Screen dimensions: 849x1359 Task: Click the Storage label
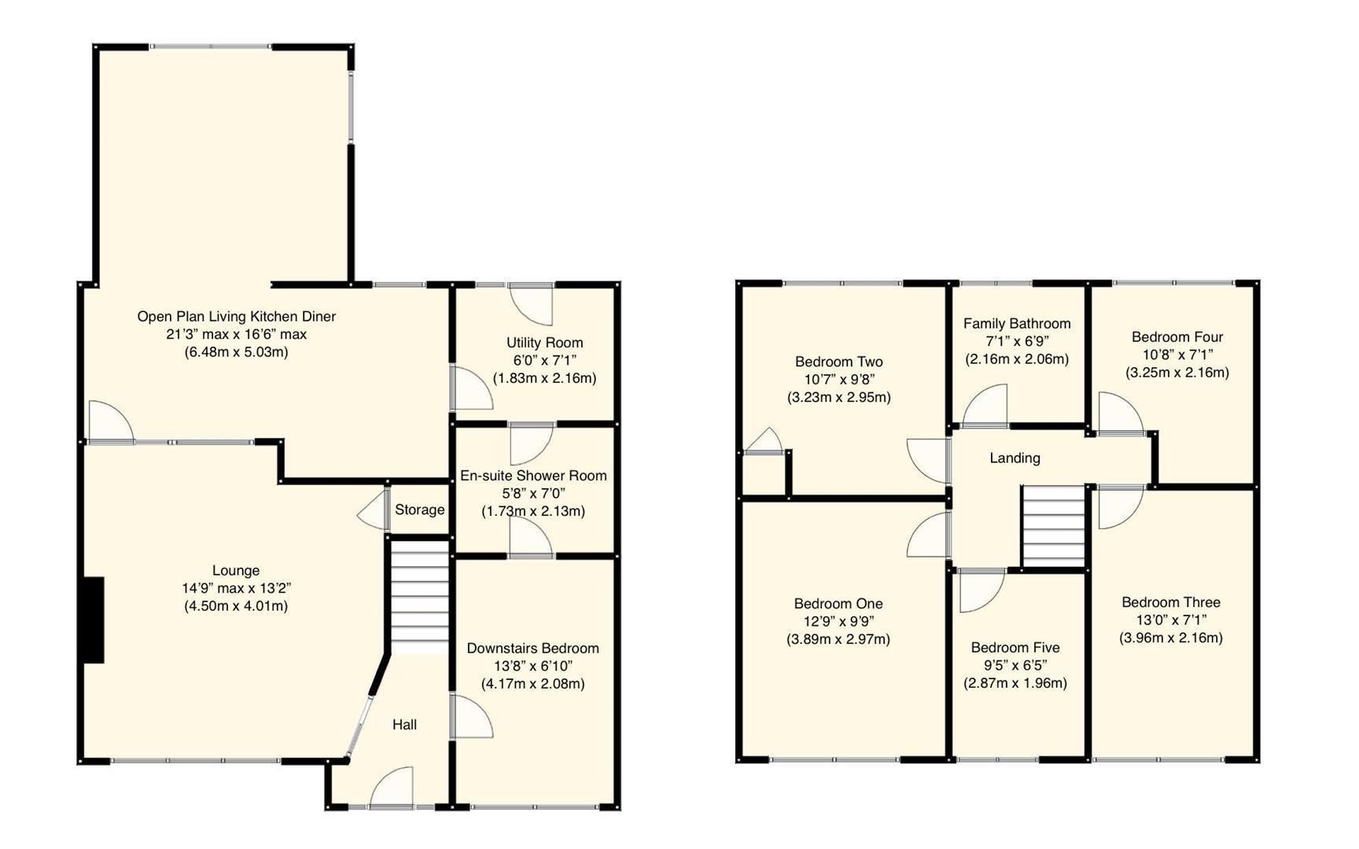coord(419,509)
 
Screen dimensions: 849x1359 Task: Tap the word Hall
coord(404,725)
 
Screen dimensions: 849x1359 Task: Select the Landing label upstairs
coord(1015,458)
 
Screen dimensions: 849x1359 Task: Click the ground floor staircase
coord(420,595)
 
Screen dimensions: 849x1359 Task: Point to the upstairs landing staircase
coord(1053,525)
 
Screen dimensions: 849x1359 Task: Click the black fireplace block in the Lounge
coord(93,620)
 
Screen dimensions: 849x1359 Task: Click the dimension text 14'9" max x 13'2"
coord(236,588)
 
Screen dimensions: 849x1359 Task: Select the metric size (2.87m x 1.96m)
coord(1015,683)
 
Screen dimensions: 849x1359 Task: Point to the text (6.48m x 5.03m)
coord(236,352)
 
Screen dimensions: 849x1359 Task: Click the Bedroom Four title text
coord(1177,336)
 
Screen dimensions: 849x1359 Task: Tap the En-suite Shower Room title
coord(533,476)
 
